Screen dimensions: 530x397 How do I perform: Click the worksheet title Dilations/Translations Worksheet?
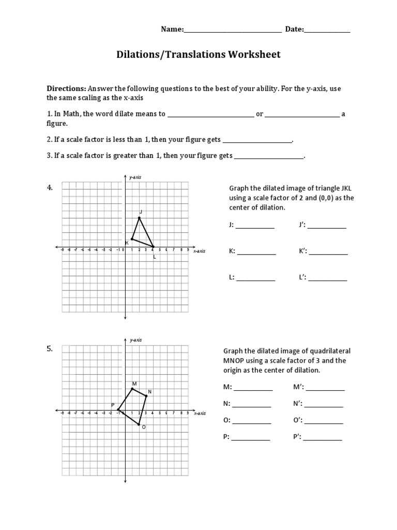click(x=198, y=54)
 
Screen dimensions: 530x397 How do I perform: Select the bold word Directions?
click(x=66, y=89)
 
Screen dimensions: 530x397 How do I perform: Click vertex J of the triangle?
click(x=139, y=218)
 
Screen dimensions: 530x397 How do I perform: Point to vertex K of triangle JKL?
click(x=132, y=239)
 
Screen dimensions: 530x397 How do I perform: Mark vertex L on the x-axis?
click(x=153, y=246)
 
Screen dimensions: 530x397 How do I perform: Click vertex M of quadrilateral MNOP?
click(x=132, y=388)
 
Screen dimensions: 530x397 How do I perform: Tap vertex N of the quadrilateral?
click(x=146, y=396)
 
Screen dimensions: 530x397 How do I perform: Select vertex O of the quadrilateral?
click(x=139, y=424)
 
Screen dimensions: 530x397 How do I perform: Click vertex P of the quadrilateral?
click(x=118, y=410)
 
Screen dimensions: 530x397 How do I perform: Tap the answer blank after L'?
click(x=328, y=279)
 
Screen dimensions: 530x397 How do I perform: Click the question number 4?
click(x=50, y=188)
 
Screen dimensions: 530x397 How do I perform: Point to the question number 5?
click(x=50, y=349)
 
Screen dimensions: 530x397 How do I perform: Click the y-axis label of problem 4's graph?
click(x=135, y=177)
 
